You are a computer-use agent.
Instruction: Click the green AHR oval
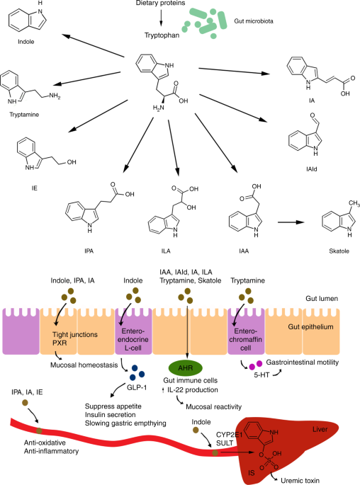pos(186,368)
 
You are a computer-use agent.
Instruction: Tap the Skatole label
pos(339,251)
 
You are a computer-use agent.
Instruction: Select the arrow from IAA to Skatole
pos(291,222)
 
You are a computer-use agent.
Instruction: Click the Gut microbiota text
pos(254,21)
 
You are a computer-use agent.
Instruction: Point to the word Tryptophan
pos(162,35)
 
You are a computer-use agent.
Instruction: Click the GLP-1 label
pos(137,387)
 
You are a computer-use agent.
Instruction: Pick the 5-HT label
pos(261,375)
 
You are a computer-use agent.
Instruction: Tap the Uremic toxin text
pos(300,480)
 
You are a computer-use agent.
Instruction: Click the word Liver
pos(320,429)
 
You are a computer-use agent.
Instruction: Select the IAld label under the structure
pos(311,169)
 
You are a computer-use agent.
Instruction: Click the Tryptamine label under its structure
pos(24,115)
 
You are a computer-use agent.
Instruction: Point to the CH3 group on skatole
pos(354,203)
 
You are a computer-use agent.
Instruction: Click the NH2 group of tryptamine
pos(55,96)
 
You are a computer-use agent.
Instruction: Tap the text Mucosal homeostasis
pos(84,365)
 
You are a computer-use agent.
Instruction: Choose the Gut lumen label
pos(322,299)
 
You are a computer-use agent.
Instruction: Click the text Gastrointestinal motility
pos(303,363)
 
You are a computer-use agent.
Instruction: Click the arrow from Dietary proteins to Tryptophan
pos(161,18)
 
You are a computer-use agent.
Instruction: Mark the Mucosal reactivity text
pos(213,406)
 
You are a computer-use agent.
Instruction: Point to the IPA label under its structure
pos(89,251)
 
